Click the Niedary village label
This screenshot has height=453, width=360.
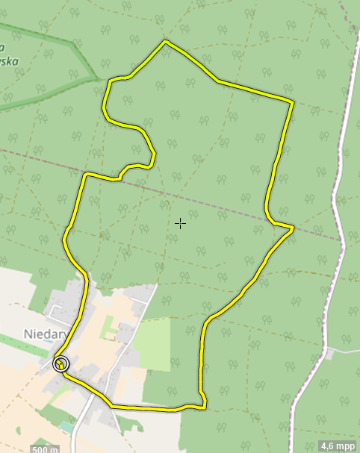pos(46,334)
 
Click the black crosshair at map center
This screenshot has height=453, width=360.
pos(180,222)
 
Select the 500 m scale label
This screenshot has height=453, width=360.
pos(45,449)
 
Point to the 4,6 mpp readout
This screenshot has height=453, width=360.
pos(338,446)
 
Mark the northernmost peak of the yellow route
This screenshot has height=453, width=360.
pos(165,42)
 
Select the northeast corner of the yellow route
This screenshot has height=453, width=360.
pos(291,100)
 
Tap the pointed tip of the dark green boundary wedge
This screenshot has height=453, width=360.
pos(97,76)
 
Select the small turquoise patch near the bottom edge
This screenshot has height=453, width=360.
pos(68,427)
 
